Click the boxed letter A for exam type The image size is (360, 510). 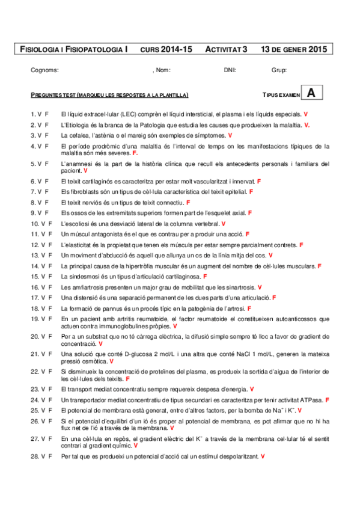tap(310, 93)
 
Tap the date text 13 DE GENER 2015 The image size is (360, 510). tap(294, 49)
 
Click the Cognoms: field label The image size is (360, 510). tap(44, 70)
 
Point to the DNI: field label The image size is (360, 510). tap(230, 70)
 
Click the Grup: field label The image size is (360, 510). tap(279, 70)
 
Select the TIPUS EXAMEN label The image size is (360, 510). tap(280, 96)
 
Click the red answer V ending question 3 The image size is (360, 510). tap(230, 135)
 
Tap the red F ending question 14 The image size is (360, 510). tap(319, 266)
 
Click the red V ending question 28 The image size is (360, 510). tap(263, 457)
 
